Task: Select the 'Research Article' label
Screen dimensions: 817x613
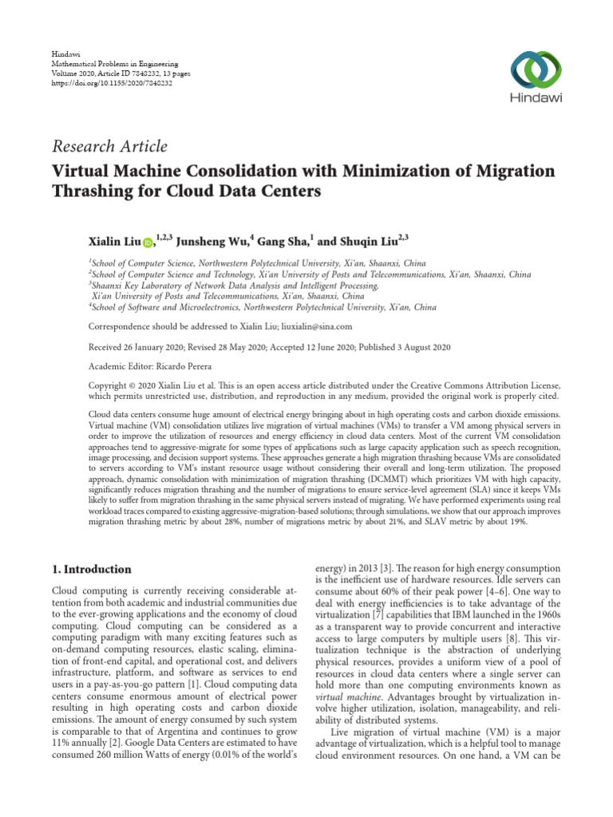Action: [109, 146]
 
